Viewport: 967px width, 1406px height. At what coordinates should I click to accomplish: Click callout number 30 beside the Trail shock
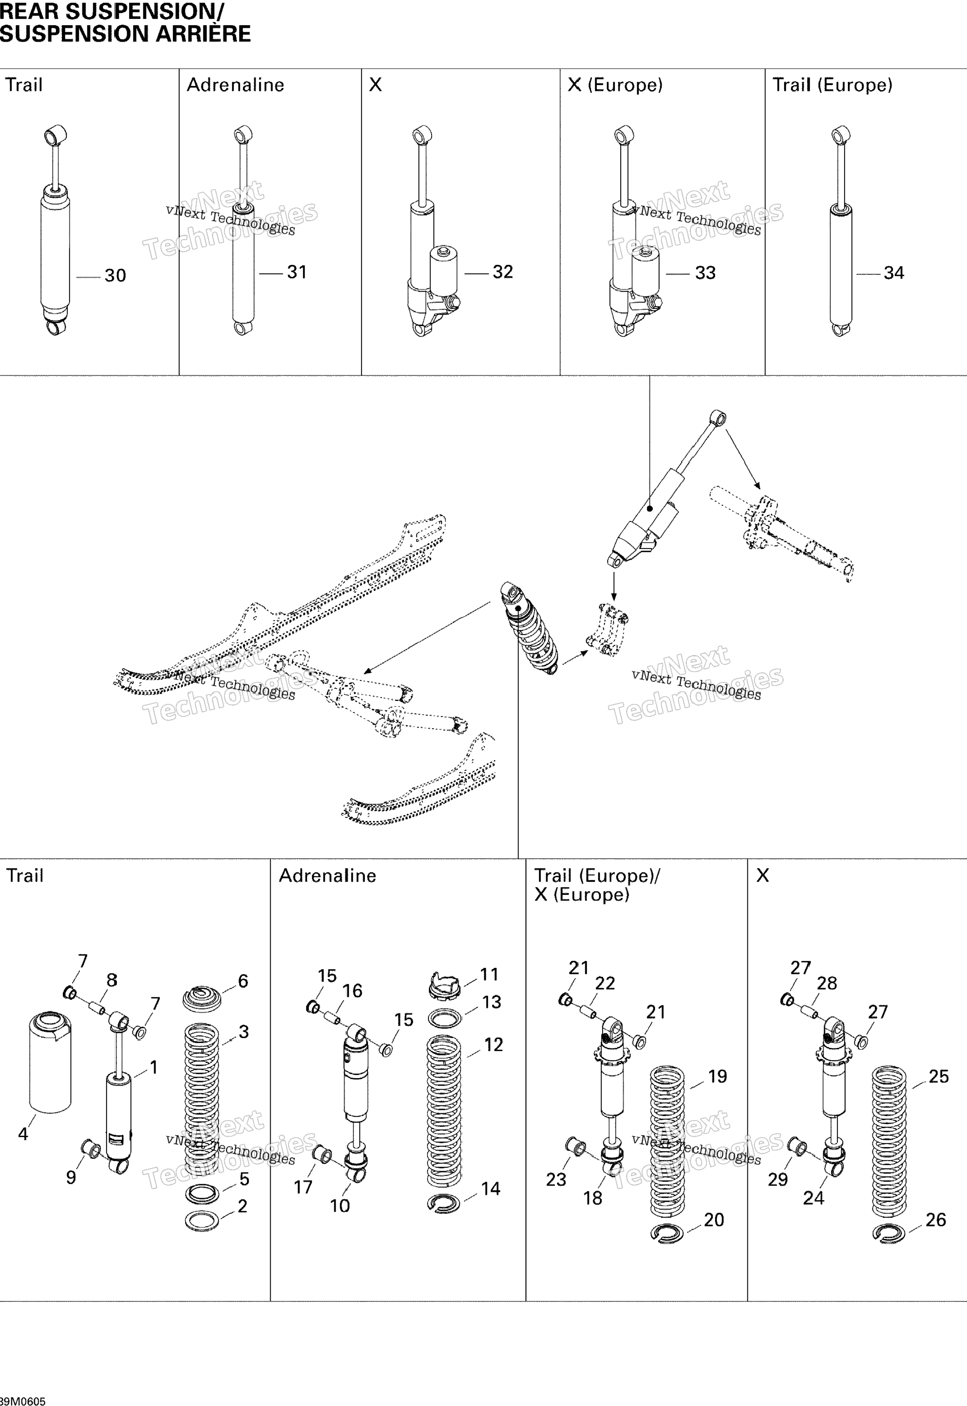(x=115, y=276)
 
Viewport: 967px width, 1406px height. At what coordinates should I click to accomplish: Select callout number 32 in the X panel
(x=502, y=272)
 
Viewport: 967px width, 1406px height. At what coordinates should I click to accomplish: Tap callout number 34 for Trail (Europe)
(x=894, y=273)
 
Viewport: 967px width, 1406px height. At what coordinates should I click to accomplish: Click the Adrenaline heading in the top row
(x=235, y=85)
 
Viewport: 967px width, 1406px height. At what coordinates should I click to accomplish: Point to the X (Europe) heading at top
(x=615, y=85)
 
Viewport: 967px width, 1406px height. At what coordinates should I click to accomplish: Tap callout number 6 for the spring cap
(x=243, y=981)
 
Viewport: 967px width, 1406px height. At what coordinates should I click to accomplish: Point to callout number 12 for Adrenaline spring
(x=493, y=1044)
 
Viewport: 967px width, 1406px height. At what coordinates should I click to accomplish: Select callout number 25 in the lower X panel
(x=938, y=1077)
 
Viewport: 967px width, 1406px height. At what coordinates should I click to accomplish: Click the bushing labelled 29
(x=797, y=1147)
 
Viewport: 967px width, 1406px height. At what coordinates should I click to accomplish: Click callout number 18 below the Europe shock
(x=592, y=1198)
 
